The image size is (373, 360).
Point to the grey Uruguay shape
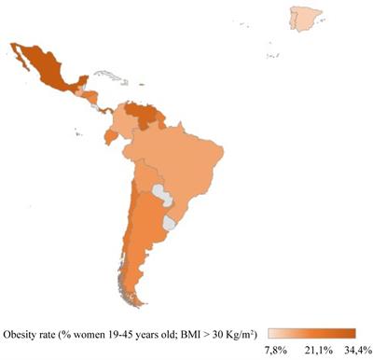coord(171,224)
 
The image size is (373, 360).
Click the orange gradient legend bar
coord(311,333)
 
